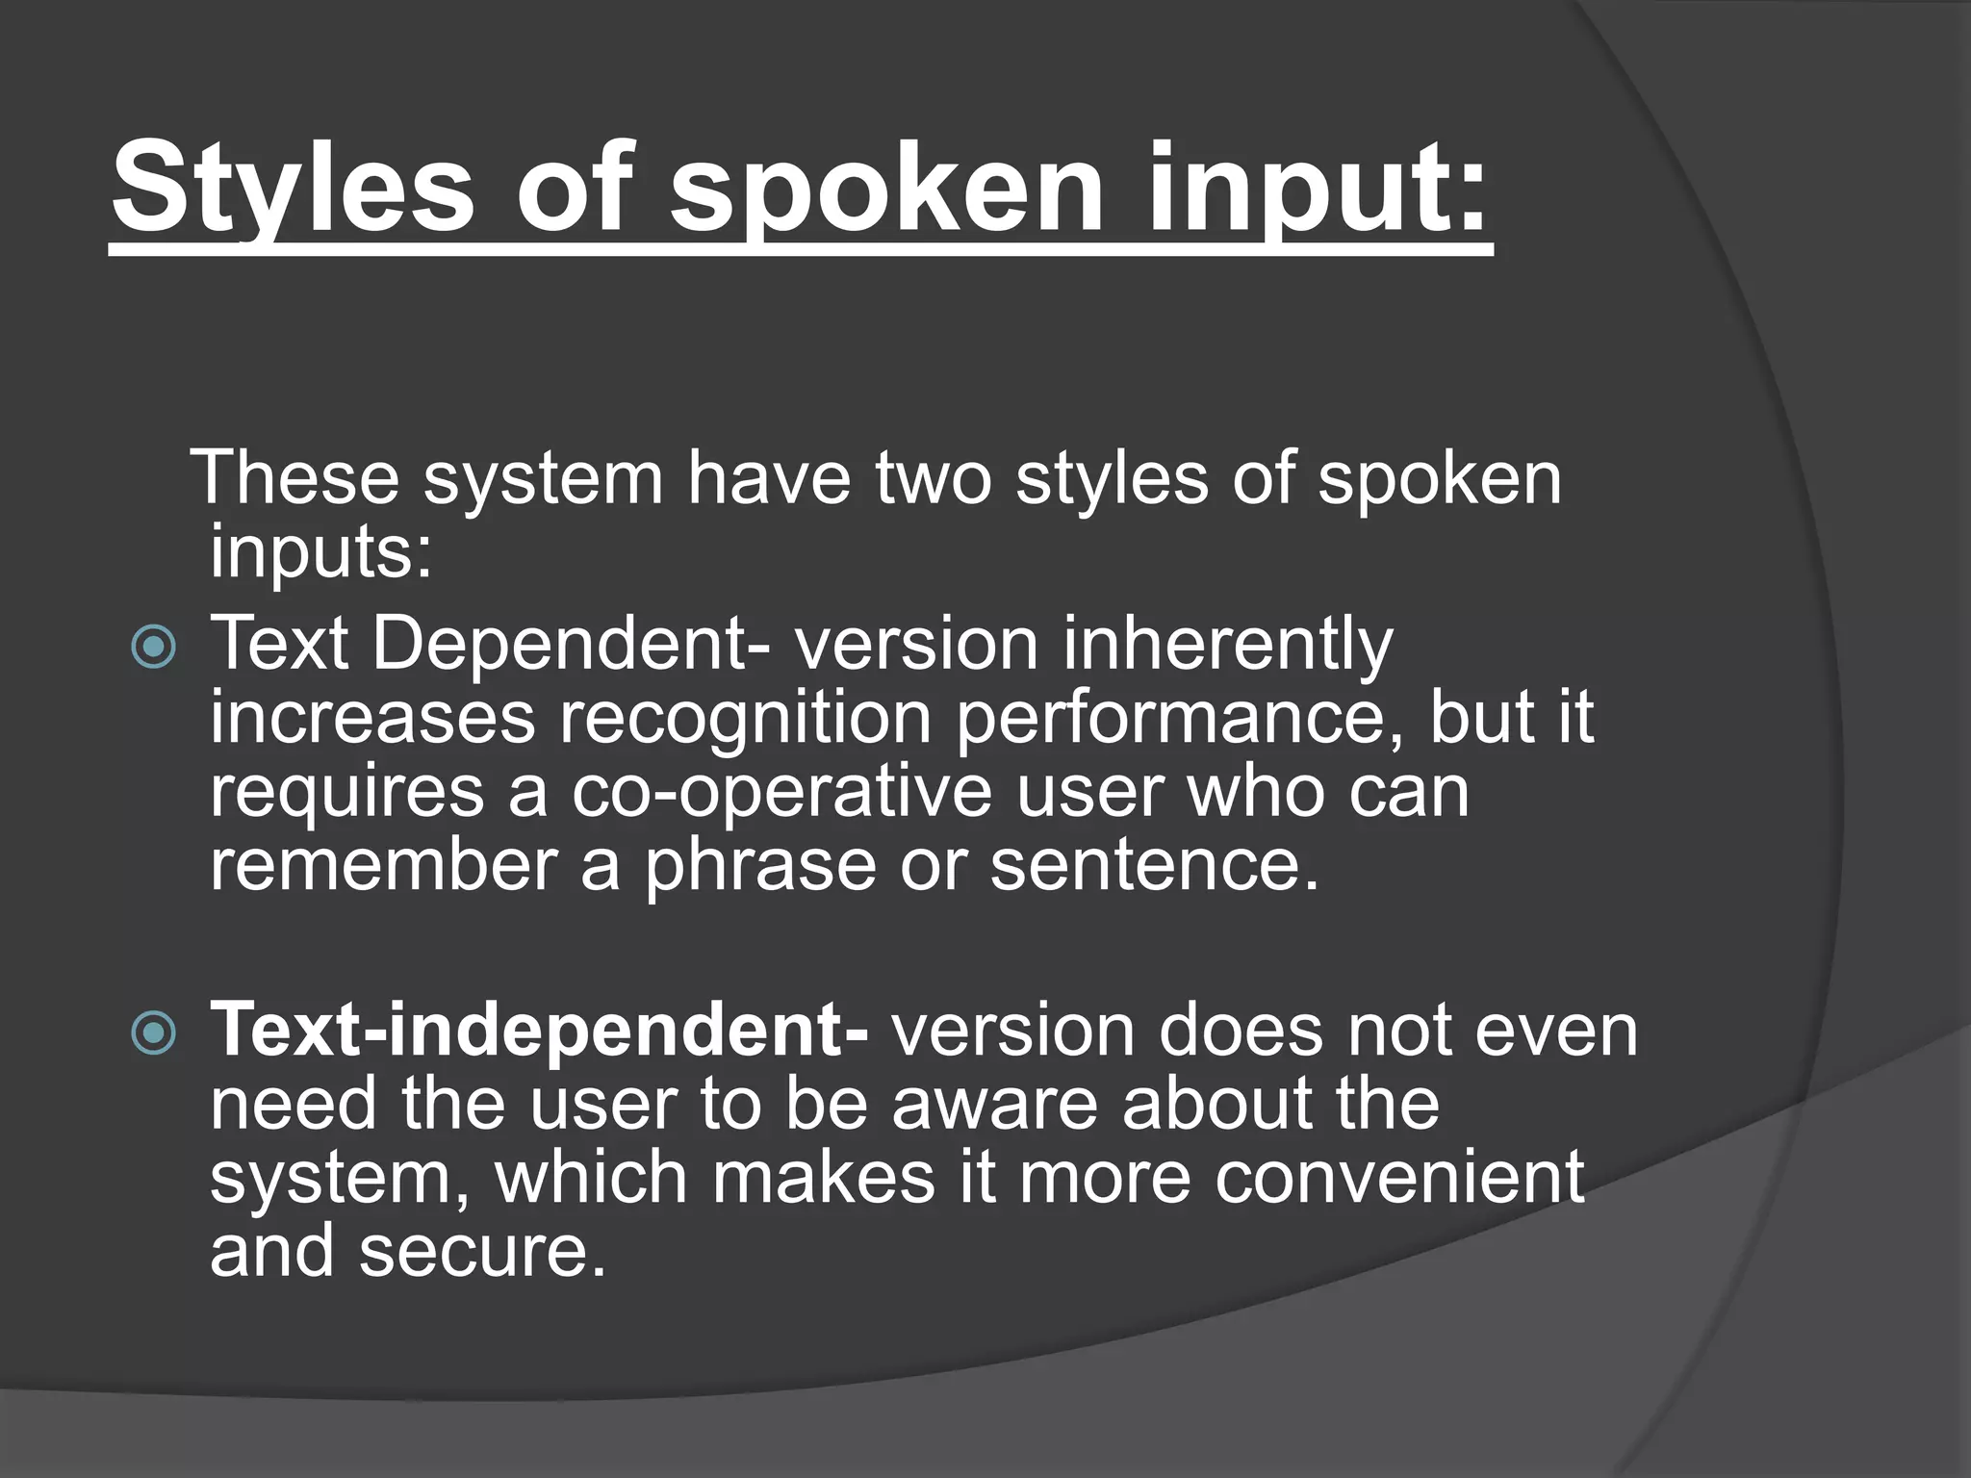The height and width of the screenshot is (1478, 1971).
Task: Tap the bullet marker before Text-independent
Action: point(154,1033)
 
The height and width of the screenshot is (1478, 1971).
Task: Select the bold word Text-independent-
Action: point(540,1031)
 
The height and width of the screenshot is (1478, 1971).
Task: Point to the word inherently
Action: point(1227,644)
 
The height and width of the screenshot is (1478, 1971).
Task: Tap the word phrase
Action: point(760,865)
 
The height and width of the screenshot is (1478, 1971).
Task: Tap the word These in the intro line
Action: point(294,478)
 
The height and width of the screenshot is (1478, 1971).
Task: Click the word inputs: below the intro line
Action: point(321,551)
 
